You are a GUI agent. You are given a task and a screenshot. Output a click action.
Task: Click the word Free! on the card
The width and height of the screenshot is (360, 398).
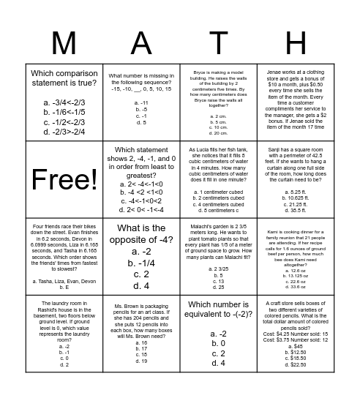tap(64, 179)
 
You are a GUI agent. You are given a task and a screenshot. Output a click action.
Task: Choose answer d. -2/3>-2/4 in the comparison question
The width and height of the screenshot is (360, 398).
tap(64, 132)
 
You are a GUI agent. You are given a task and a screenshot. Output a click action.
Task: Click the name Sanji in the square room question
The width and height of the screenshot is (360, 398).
tap(269, 149)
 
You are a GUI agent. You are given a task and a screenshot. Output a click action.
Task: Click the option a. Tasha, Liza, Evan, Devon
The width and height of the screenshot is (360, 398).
tap(64, 281)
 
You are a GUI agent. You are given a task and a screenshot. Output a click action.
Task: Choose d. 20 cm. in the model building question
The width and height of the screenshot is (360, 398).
tap(219, 133)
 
